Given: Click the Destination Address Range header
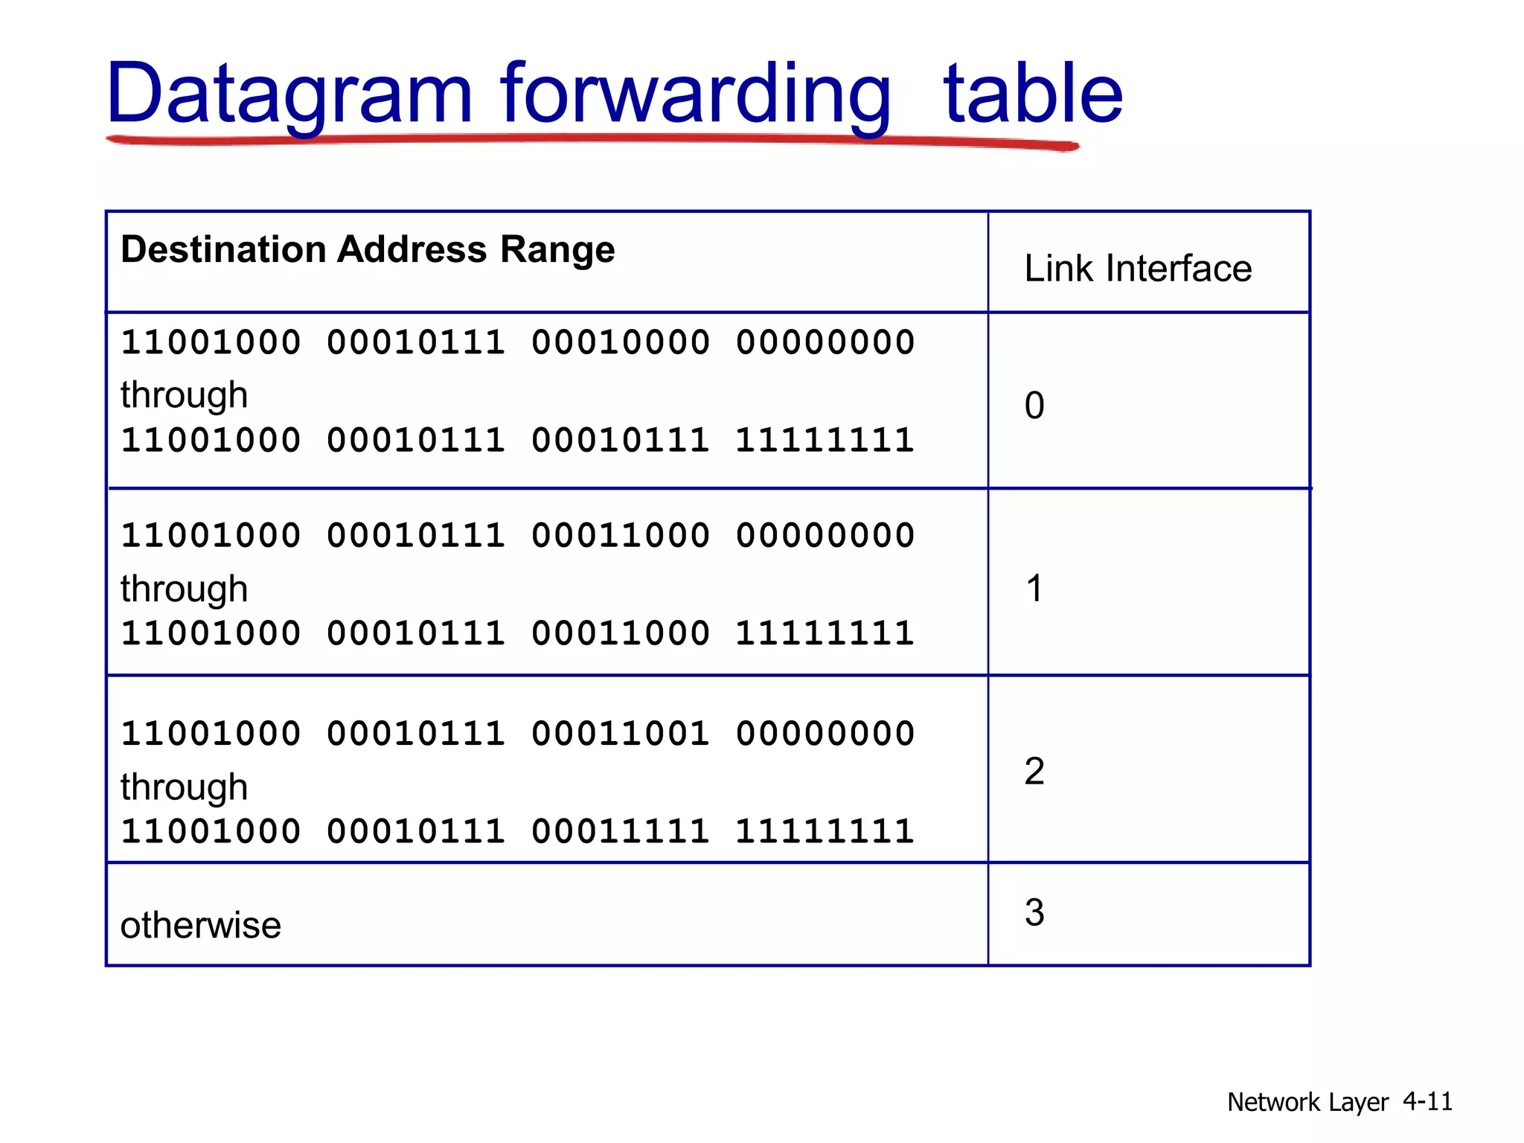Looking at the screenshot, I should [368, 249].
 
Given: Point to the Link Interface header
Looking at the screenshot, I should [1138, 269].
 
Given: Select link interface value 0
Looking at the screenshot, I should [1034, 406].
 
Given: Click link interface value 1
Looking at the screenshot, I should [1034, 589].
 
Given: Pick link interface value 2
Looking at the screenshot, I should [1034, 772].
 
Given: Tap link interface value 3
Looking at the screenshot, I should [1034, 913].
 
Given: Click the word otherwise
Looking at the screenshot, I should [201, 926].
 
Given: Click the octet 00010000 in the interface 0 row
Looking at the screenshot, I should [621, 343].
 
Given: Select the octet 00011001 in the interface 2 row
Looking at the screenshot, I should [621, 734].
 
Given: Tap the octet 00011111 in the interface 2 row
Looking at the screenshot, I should [621, 832].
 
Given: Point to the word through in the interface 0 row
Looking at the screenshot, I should [184, 395].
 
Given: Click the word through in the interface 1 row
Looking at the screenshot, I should [184, 589].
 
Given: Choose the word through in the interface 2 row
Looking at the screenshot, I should [184, 787].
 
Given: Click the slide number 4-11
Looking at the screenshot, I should [1427, 1101].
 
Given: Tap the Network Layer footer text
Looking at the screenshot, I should [1307, 1102].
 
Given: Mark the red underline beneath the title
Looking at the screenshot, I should [592, 140].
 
